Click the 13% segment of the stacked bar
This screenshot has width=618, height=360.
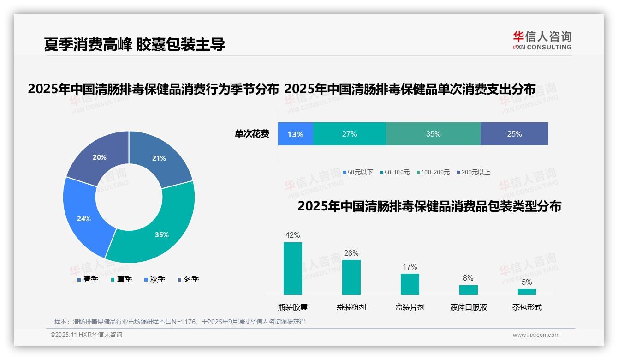(295, 134)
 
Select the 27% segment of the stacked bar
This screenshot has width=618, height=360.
(349, 134)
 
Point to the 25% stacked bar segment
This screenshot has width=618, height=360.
(514, 134)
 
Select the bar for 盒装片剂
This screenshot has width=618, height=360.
(410, 284)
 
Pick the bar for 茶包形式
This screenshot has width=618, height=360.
(527, 292)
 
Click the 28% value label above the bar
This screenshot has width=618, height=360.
(351, 253)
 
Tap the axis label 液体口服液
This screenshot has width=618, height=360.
(468, 307)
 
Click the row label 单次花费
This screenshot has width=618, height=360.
(252, 134)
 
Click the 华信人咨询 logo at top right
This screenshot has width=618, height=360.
(542, 40)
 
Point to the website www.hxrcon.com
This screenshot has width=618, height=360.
(536, 335)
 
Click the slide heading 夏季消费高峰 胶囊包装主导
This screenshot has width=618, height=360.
(134, 45)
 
